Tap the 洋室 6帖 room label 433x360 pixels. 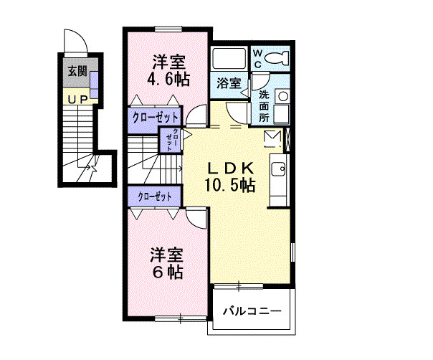[x=166, y=263]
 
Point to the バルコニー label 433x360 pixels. [x=251, y=311]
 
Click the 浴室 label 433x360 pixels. [x=229, y=83]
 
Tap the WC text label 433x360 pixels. [x=258, y=57]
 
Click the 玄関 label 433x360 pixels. [x=77, y=71]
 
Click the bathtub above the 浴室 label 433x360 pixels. [x=229, y=60]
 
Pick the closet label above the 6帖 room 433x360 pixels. [x=155, y=196]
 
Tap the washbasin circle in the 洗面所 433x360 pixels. [x=282, y=95]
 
